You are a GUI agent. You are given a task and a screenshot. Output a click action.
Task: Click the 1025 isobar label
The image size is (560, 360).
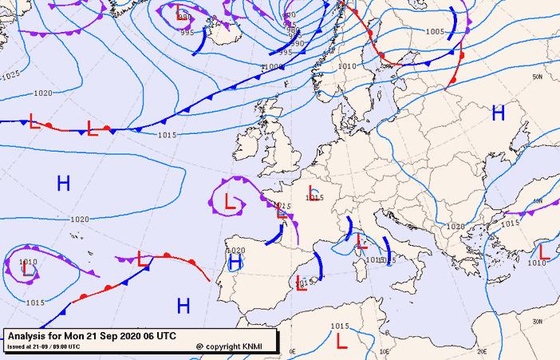(10, 75)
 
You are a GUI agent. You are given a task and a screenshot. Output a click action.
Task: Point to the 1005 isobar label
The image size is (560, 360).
(434, 32)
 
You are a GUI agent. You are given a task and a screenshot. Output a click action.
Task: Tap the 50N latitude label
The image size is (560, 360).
(538, 77)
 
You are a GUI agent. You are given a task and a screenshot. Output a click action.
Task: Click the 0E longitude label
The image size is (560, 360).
(292, 351)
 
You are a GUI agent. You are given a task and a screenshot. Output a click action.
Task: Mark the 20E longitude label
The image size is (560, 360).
(481, 350)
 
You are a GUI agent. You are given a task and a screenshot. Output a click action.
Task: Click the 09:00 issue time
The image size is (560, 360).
(67, 347)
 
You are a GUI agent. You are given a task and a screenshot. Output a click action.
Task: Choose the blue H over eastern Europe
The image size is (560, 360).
(499, 113)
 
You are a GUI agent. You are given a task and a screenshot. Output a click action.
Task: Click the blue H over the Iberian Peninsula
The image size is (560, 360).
(235, 263)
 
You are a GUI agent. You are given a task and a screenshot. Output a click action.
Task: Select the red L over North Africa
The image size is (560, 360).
(341, 342)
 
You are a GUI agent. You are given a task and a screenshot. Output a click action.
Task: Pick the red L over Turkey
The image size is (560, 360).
(544, 251)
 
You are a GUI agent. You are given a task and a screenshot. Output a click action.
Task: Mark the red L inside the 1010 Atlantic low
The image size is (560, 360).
(29, 271)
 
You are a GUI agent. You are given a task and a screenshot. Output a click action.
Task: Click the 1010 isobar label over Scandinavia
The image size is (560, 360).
(346, 66)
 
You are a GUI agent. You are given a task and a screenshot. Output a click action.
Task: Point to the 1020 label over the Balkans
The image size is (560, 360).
(455, 227)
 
